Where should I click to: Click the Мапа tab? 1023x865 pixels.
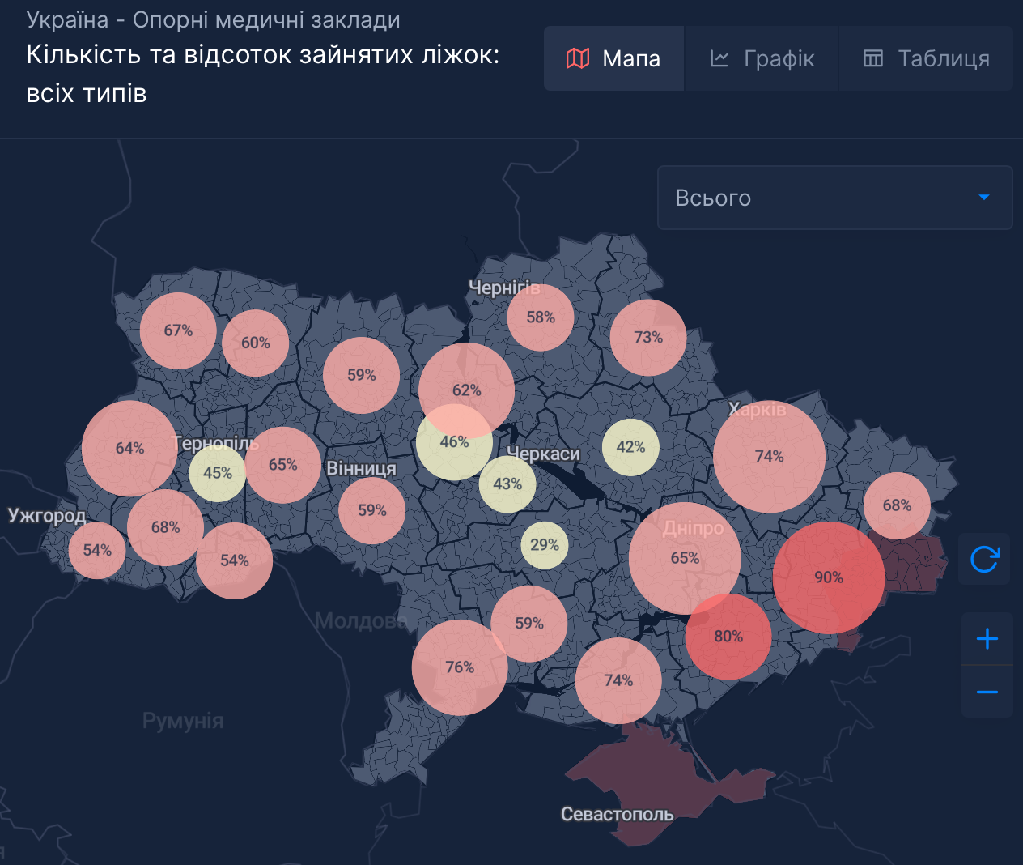click(x=613, y=58)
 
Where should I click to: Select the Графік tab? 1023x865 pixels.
click(x=762, y=58)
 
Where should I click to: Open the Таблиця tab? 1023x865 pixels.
click(x=926, y=58)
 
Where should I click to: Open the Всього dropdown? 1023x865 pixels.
click(x=834, y=198)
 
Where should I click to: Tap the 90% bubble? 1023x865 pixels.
click(x=829, y=577)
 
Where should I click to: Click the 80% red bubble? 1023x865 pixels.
click(x=728, y=637)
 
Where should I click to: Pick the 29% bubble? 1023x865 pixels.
click(x=545, y=545)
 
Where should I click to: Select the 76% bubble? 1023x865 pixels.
click(x=460, y=667)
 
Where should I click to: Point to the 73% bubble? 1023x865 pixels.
click(x=648, y=337)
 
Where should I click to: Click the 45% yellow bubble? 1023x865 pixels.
click(x=218, y=473)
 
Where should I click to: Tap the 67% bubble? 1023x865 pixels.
click(x=178, y=330)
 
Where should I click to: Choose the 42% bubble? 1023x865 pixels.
click(x=630, y=447)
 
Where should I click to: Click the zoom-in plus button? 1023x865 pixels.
click(x=987, y=639)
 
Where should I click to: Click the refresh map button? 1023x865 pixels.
click(x=984, y=559)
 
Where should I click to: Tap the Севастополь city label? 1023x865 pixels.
click(x=617, y=814)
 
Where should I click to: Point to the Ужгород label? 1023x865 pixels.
click(x=46, y=516)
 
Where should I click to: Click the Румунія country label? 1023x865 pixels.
click(x=183, y=721)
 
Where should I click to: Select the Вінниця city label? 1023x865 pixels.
click(x=361, y=469)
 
